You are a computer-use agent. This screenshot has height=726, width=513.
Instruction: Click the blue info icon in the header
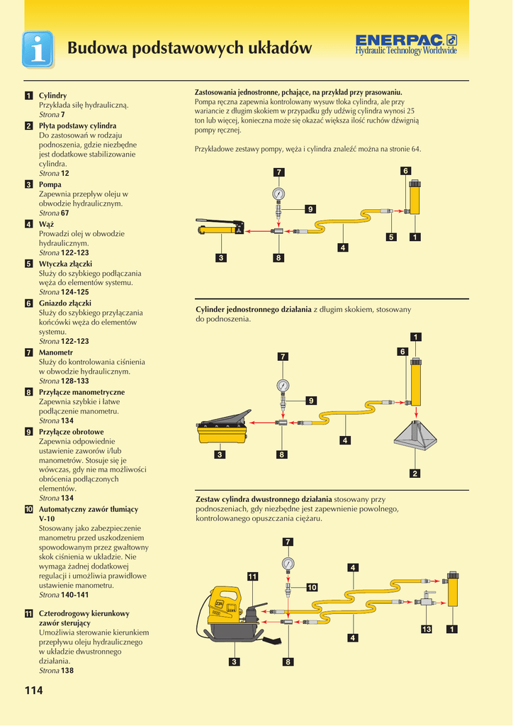click(38, 49)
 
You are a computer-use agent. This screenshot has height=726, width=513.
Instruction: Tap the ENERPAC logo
click(406, 44)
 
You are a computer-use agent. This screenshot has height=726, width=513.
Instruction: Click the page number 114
click(34, 691)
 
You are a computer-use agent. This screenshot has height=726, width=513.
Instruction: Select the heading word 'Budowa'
click(97, 48)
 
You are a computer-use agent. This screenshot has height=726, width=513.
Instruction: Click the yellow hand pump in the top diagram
click(220, 228)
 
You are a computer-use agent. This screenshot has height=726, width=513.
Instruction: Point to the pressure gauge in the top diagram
click(278, 194)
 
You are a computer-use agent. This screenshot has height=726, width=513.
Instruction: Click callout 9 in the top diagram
click(310, 208)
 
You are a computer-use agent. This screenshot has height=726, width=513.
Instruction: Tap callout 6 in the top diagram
click(405, 171)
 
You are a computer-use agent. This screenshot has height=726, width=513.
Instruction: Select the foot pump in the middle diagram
click(222, 428)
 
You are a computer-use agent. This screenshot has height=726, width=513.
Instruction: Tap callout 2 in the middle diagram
click(415, 473)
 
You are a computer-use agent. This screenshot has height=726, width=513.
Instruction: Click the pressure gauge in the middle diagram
click(283, 386)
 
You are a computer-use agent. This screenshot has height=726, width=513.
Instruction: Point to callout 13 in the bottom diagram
click(427, 629)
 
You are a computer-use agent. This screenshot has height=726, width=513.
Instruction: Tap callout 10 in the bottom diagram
click(311, 587)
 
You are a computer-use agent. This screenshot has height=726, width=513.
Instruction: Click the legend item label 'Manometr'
click(56, 352)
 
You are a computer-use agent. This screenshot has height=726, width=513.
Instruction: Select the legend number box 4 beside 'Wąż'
click(28, 224)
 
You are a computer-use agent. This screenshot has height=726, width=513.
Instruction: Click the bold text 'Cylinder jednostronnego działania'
click(253, 310)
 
